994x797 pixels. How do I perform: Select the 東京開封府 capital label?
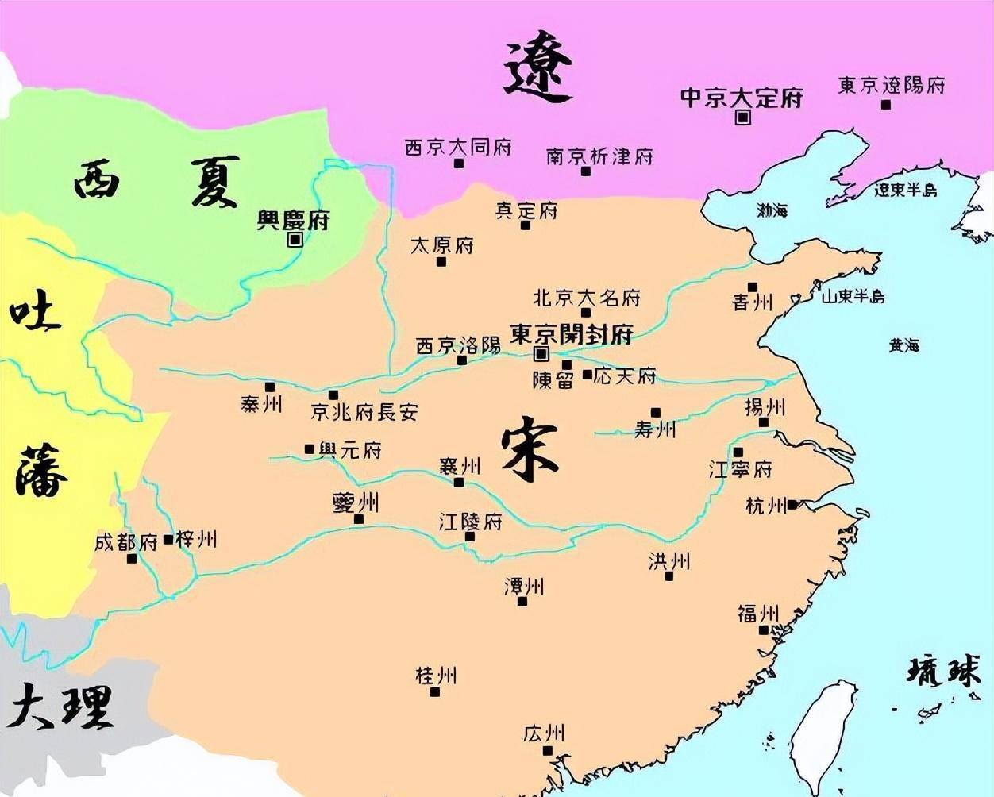(x=571, y=333)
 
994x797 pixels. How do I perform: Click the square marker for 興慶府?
(x=295, y=239)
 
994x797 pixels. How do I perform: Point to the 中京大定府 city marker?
(x=743, y=117)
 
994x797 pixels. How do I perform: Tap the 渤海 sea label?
(x=772, y=210)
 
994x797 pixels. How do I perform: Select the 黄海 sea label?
(x=903, y=345)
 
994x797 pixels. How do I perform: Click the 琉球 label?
(x=943, y=672)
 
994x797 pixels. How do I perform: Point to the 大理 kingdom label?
(x=60, y=706)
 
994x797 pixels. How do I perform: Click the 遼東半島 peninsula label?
(x=905, y=191)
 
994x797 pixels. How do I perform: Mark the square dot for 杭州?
(x=792, y=504)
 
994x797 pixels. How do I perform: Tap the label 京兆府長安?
(x=364, y=412)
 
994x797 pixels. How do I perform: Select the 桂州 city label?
(x=436, y=676)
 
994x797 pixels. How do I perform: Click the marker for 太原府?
(x=441, y=262)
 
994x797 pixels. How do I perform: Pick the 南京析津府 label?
(x=599, y=156)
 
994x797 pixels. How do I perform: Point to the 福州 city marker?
(x=763, y=630)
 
